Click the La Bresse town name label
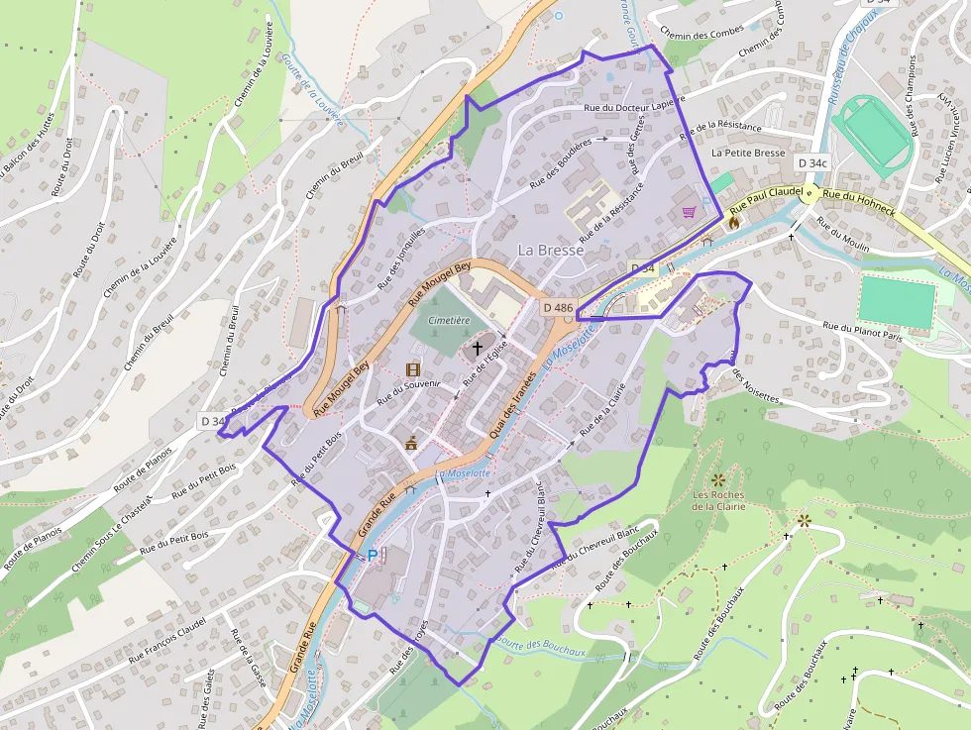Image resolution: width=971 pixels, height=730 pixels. point(551,250)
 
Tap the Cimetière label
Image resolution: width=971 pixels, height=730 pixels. point(449,321)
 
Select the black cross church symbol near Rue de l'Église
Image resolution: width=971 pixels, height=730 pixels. point(478,348)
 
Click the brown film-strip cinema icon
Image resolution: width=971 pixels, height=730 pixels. point(412,369)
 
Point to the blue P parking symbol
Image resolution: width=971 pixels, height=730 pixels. point(373,556)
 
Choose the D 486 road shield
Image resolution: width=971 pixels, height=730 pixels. point(558,308)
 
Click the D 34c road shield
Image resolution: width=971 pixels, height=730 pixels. point(810,162)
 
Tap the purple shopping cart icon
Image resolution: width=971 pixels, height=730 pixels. point(689,211)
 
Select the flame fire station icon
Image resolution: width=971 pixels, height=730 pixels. point(733,223)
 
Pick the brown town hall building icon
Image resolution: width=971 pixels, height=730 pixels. point(411,442)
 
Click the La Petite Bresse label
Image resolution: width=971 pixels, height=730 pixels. point(748,154)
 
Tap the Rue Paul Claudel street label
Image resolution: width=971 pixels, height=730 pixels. point(765,200)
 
